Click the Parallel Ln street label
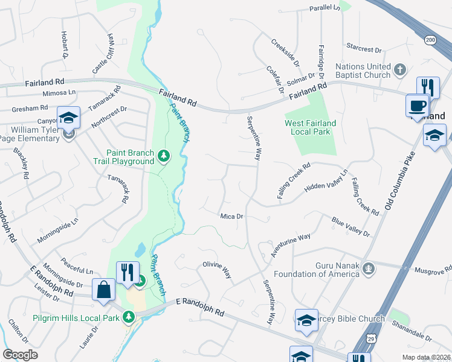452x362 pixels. tap(325, 8)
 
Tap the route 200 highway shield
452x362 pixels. tap(430, 40)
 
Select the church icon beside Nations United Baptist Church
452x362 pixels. tap(399, 71)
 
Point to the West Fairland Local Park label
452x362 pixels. tap(311, 127)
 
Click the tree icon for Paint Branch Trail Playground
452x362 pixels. tap(163, 157)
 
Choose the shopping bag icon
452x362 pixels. tap(104, 289)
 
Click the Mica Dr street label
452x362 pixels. tap(231, 216)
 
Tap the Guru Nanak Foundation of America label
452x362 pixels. tap(317, 270)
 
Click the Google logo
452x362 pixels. tap(20, 355)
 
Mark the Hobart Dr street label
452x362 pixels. tap(64, 45)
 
